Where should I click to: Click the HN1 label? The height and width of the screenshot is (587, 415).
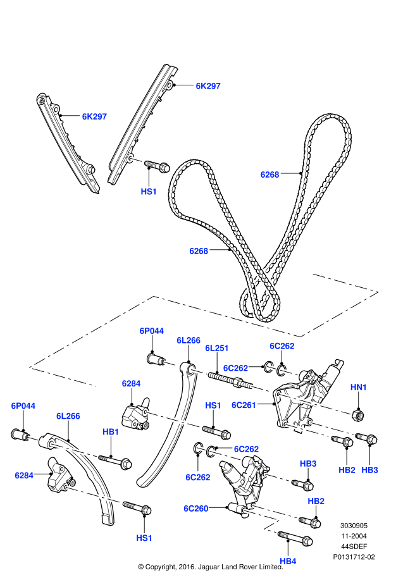[x=359, y=386]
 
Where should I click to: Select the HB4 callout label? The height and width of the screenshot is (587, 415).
[x=288, y=560]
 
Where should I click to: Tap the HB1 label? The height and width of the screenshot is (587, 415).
[x=111, y=431]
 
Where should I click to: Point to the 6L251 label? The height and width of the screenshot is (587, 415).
[x=216, y=348]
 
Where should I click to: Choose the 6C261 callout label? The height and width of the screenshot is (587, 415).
[x=244, y=405]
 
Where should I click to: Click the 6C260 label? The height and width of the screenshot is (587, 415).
[x=196, y=508]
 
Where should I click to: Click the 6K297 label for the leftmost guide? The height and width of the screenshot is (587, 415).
[x=94, y=116]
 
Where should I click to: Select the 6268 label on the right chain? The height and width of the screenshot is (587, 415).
[x=269, y=174]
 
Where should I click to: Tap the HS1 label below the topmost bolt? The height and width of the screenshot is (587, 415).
[x=149, y=190]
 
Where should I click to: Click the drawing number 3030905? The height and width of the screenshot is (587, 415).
[x=354, y=525]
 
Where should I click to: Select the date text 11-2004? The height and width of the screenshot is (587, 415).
[x=354, y=536]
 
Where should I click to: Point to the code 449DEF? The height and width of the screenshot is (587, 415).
[x=354, y=547]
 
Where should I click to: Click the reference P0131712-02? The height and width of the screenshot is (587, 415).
[x=354, y=557]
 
